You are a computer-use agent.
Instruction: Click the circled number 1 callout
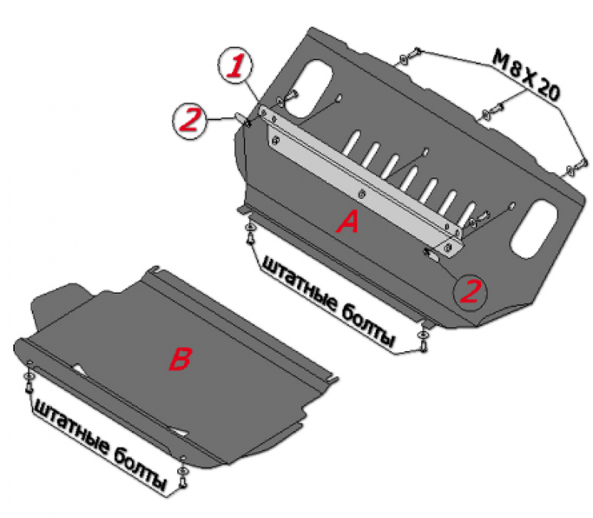[x=236, y=66]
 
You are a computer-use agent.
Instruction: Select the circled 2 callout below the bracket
[x=471, y=291]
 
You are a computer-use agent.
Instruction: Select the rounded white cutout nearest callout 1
[x=308, y=88]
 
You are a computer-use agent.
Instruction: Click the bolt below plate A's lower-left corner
[x=250, y=237]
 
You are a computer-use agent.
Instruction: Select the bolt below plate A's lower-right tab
[x=423, y=344]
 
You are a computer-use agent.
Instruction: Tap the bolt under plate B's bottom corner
[x=183, y=481]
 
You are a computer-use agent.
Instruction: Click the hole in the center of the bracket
[x=362, y=193]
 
